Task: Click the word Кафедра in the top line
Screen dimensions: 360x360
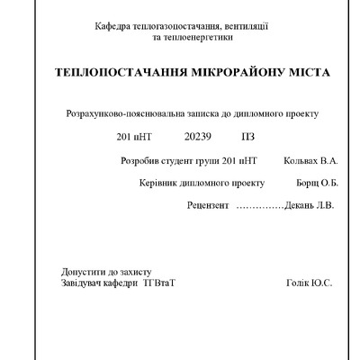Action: pos(112,27)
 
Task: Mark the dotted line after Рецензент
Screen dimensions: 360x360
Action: pos(259,206)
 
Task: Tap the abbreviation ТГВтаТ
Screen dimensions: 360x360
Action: pos(157,283)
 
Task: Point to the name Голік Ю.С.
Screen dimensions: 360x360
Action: pos(309,283)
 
